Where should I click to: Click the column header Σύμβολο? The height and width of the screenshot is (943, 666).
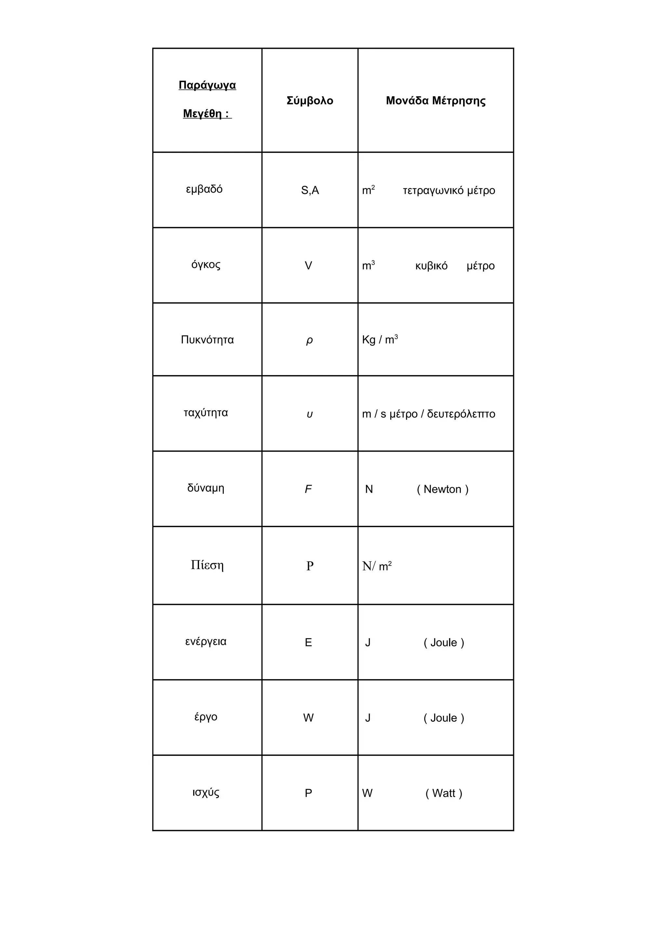point(310,101)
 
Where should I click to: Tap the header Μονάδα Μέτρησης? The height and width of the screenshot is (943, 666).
point(435,101)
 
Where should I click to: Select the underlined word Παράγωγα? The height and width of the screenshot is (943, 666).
point(207,85)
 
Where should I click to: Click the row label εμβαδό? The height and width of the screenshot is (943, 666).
point(204,189)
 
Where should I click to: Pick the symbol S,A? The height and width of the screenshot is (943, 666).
point(310,190)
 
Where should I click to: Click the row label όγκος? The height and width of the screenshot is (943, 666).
point(206,265)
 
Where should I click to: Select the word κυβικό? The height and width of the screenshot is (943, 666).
point(431,266)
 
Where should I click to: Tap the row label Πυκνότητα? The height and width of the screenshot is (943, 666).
point(207,340)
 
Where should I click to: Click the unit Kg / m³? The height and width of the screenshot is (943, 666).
point(380,340)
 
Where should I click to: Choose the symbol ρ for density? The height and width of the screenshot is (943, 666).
point(309,340)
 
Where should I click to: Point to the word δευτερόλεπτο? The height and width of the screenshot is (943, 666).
point(461,414)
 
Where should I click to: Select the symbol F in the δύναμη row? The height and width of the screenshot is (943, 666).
point(308,489)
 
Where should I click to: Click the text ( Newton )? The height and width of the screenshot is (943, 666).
point(442,489)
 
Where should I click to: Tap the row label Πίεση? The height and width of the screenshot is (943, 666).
point(207,565)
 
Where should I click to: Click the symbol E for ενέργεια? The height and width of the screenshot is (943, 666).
point(308,642)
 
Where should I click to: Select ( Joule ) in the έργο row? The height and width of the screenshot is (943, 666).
point(444,718)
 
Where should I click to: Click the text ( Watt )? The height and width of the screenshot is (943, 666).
point(444,793)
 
